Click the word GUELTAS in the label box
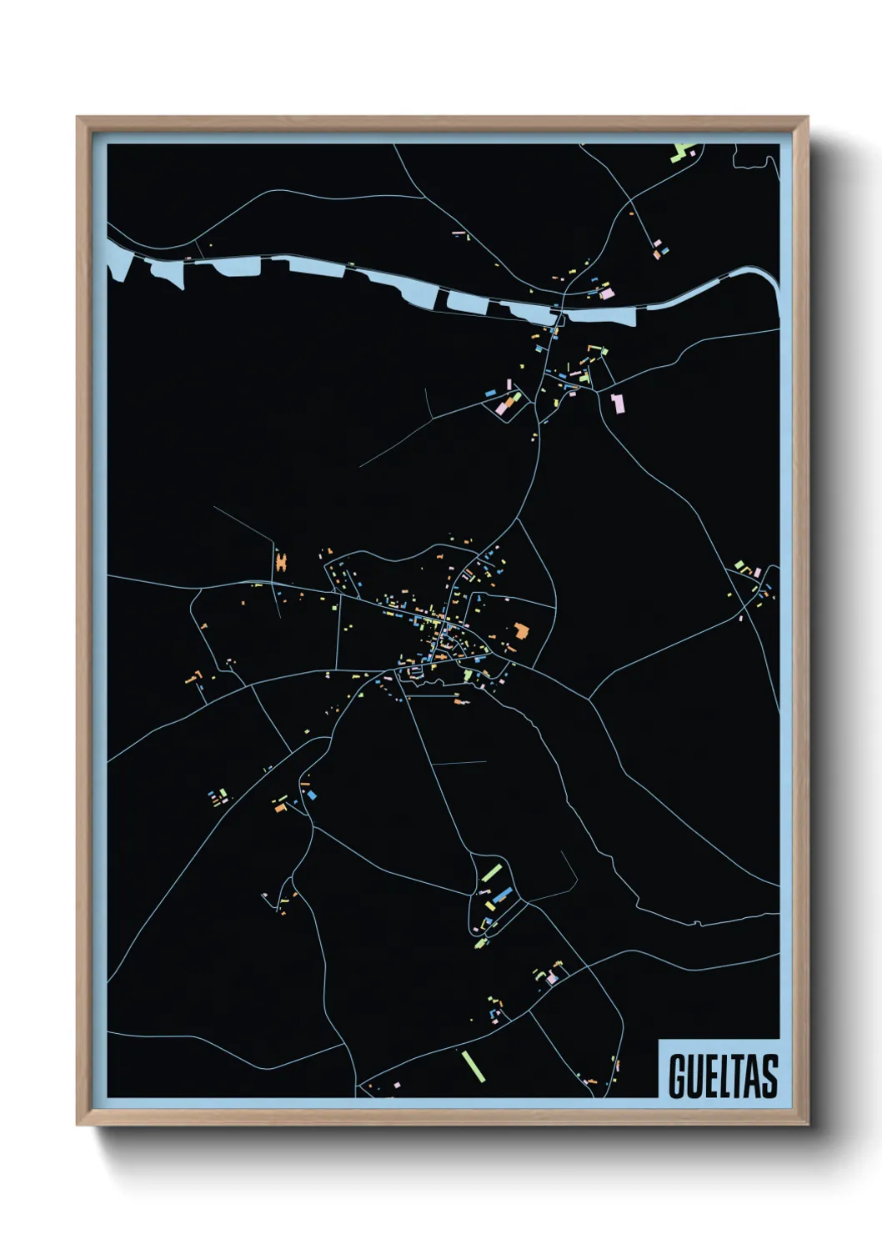722,1076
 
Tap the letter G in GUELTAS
676,1076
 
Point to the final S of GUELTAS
769,1076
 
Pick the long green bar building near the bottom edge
473,1065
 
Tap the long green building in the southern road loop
491,873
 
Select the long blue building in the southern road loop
501,895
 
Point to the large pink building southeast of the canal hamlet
618,404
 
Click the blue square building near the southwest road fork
313,795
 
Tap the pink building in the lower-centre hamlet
551,979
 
